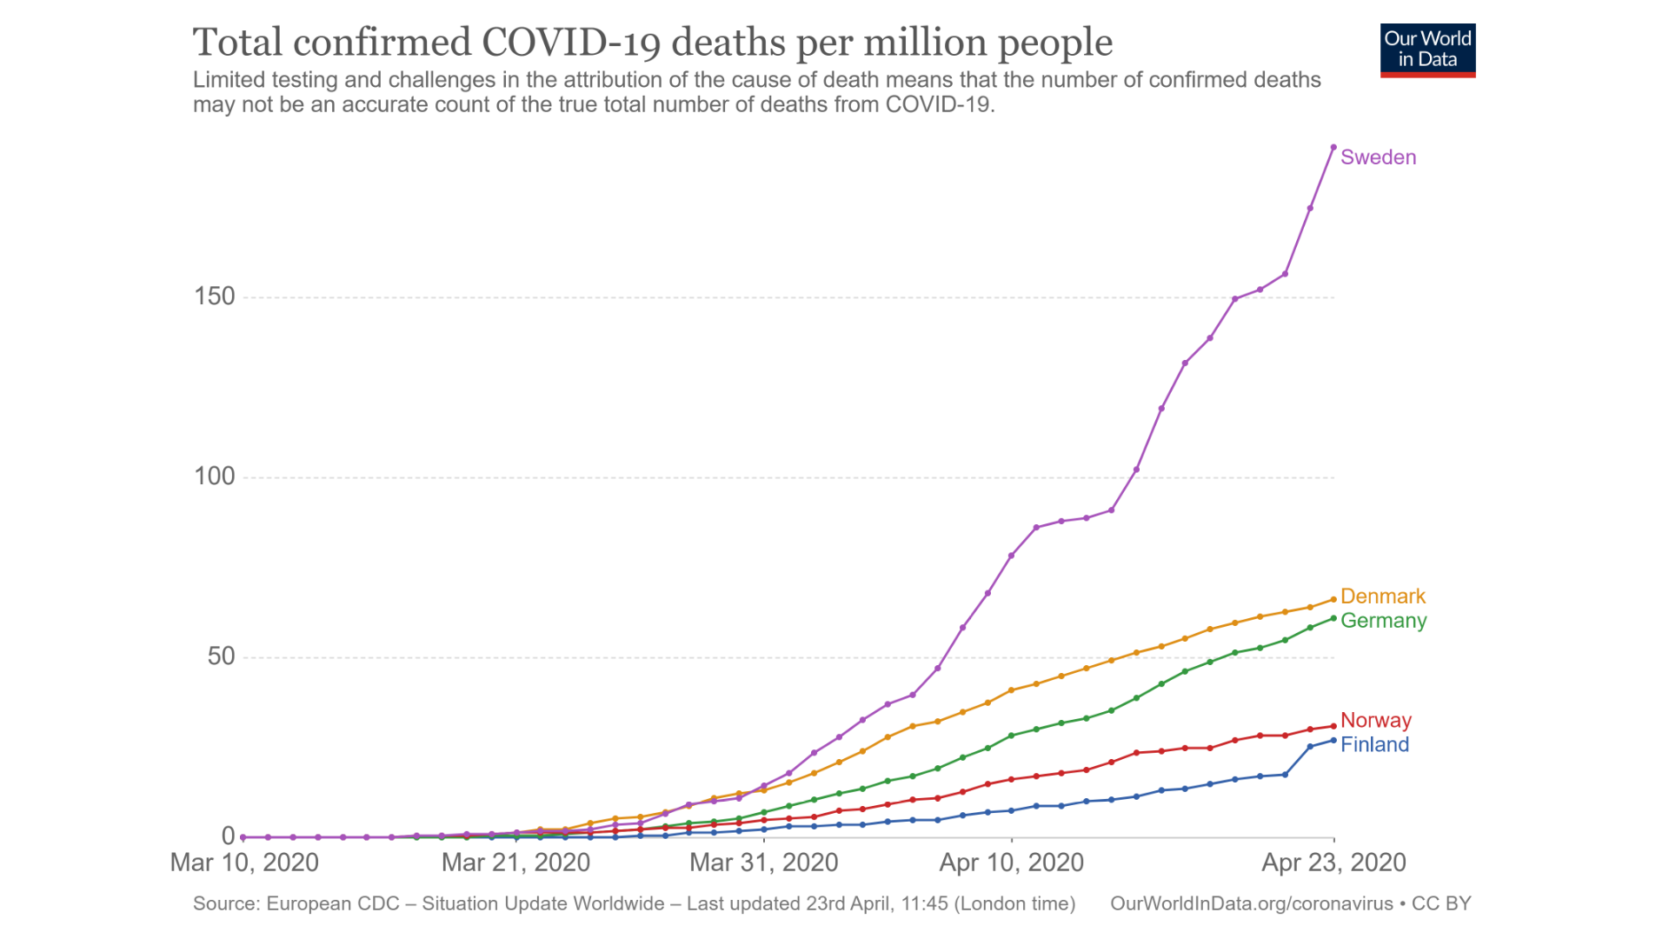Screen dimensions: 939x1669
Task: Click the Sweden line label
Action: (x=1378, y=157)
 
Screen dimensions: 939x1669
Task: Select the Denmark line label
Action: (x=1382, y=596)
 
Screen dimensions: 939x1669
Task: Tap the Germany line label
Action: (x=1383, y=621)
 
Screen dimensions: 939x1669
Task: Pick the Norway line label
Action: (x=1375, y=720)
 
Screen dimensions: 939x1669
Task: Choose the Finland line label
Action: (x=1374, y=744)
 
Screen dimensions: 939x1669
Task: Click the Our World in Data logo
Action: (x=1427, y=50)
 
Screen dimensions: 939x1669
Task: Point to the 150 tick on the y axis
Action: (x=215, y=296)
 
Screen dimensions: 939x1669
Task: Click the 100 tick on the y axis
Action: (x=215, y=476)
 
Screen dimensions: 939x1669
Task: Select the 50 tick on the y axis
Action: (x=221, y=656)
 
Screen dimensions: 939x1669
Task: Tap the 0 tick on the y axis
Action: (x=229, y=836)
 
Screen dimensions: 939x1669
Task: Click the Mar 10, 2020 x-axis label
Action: (x=244, y=862)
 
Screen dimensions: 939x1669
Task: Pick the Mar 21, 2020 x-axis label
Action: (x=515, y=862)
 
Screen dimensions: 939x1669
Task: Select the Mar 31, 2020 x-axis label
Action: (x=763, y=862)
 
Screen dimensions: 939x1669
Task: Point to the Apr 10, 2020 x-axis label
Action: (x=1011, y=862)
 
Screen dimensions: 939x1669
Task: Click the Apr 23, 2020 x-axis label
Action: (x=1333, y=862)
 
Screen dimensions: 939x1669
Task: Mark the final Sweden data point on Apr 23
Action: (x=1333, y=147)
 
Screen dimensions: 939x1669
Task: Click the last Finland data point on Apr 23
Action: (x=1333, y=741)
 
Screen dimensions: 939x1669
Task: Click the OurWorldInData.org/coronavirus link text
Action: (x=1252, y=903)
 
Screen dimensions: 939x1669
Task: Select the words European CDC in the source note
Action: (x=333, y=903)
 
